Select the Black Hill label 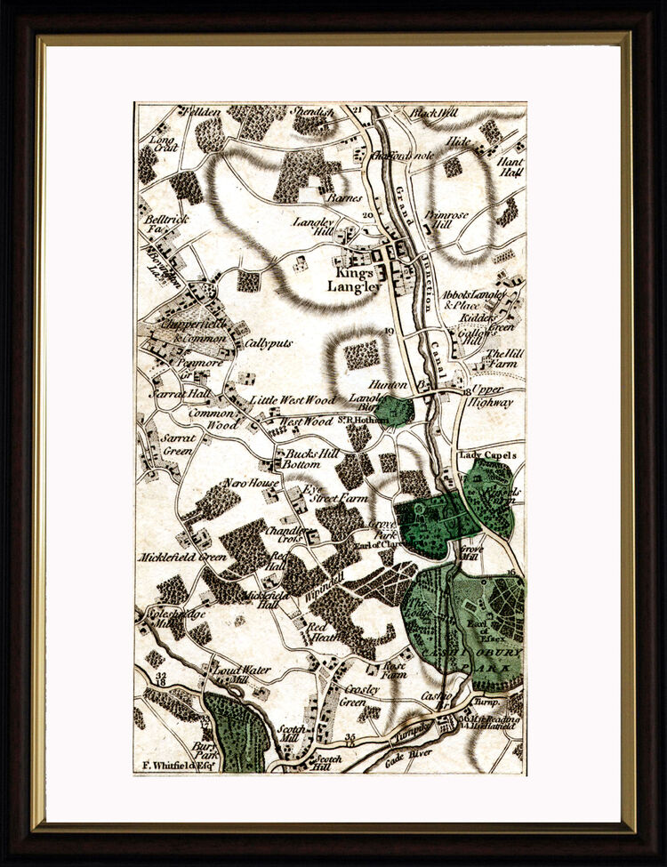coord(433,114)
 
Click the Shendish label coord(312,113)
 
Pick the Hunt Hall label coord(510,169)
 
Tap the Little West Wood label coord(293,400)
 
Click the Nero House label coord(252,483)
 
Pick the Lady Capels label coord(486,455)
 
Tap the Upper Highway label coord(491,397)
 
